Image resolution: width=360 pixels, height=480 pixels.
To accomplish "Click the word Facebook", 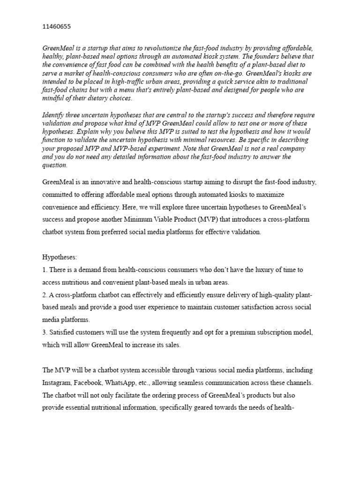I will pos(95,382).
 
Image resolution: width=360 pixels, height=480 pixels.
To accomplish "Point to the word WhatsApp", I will pos(130,382).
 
